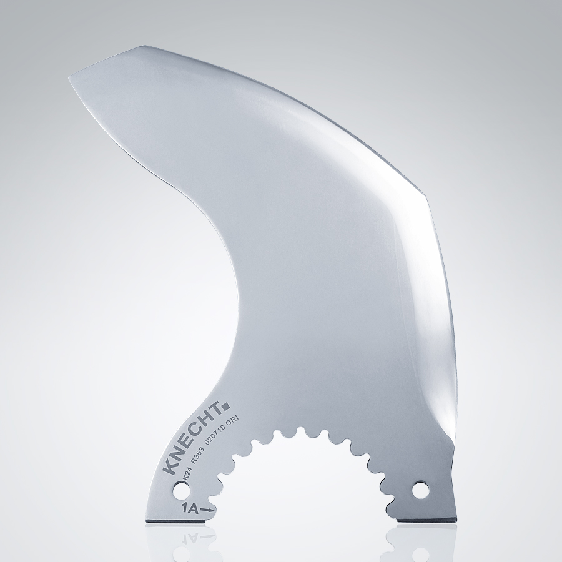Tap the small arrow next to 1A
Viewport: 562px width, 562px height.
(x=208, y=510)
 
